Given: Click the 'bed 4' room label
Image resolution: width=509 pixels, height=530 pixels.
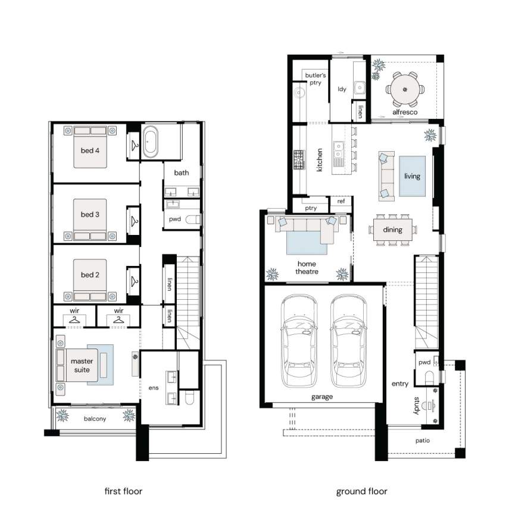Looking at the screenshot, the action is pos(90,150).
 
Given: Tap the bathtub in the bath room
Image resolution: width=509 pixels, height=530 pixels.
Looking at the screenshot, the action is pos(150,142).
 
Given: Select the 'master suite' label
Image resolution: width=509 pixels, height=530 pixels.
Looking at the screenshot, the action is pos(82,365).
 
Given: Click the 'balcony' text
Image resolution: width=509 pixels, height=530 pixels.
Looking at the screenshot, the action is pos(95,419).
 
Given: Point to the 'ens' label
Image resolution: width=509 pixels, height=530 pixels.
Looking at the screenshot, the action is pos(154,388).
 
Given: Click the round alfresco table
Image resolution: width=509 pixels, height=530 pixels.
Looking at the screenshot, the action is pos(405,90).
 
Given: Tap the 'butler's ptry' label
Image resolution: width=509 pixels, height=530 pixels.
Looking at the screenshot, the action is pos(315,79).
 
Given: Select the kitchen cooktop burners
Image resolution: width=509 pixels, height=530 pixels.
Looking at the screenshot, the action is pos(299,160).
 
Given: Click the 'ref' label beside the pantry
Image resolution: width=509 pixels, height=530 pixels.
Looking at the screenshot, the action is pos(341,201).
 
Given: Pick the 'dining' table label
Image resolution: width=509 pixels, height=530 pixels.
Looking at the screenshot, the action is pos(393,230).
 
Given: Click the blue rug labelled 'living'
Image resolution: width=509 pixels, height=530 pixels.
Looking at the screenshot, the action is pos(413,176).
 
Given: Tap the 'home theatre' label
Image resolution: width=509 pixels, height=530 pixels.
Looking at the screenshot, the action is pos(307,268).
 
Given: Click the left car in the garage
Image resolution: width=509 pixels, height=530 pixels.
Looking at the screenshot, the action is pos(299,341).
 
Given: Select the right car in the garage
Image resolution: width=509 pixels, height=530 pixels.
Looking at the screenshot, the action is pos(349,341).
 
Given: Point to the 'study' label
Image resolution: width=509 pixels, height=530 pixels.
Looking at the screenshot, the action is pos(417,406).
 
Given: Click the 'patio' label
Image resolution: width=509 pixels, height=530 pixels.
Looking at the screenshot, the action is pos(423,441).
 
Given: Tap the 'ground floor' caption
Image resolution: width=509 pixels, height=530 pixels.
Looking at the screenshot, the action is pos(361,491).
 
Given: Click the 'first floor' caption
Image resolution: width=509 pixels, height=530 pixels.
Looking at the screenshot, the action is pos(123,491).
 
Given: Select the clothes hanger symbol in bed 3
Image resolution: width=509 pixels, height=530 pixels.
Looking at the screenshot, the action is pos(135,221).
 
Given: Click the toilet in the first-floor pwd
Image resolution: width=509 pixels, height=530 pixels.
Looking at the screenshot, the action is pos(193,219).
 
